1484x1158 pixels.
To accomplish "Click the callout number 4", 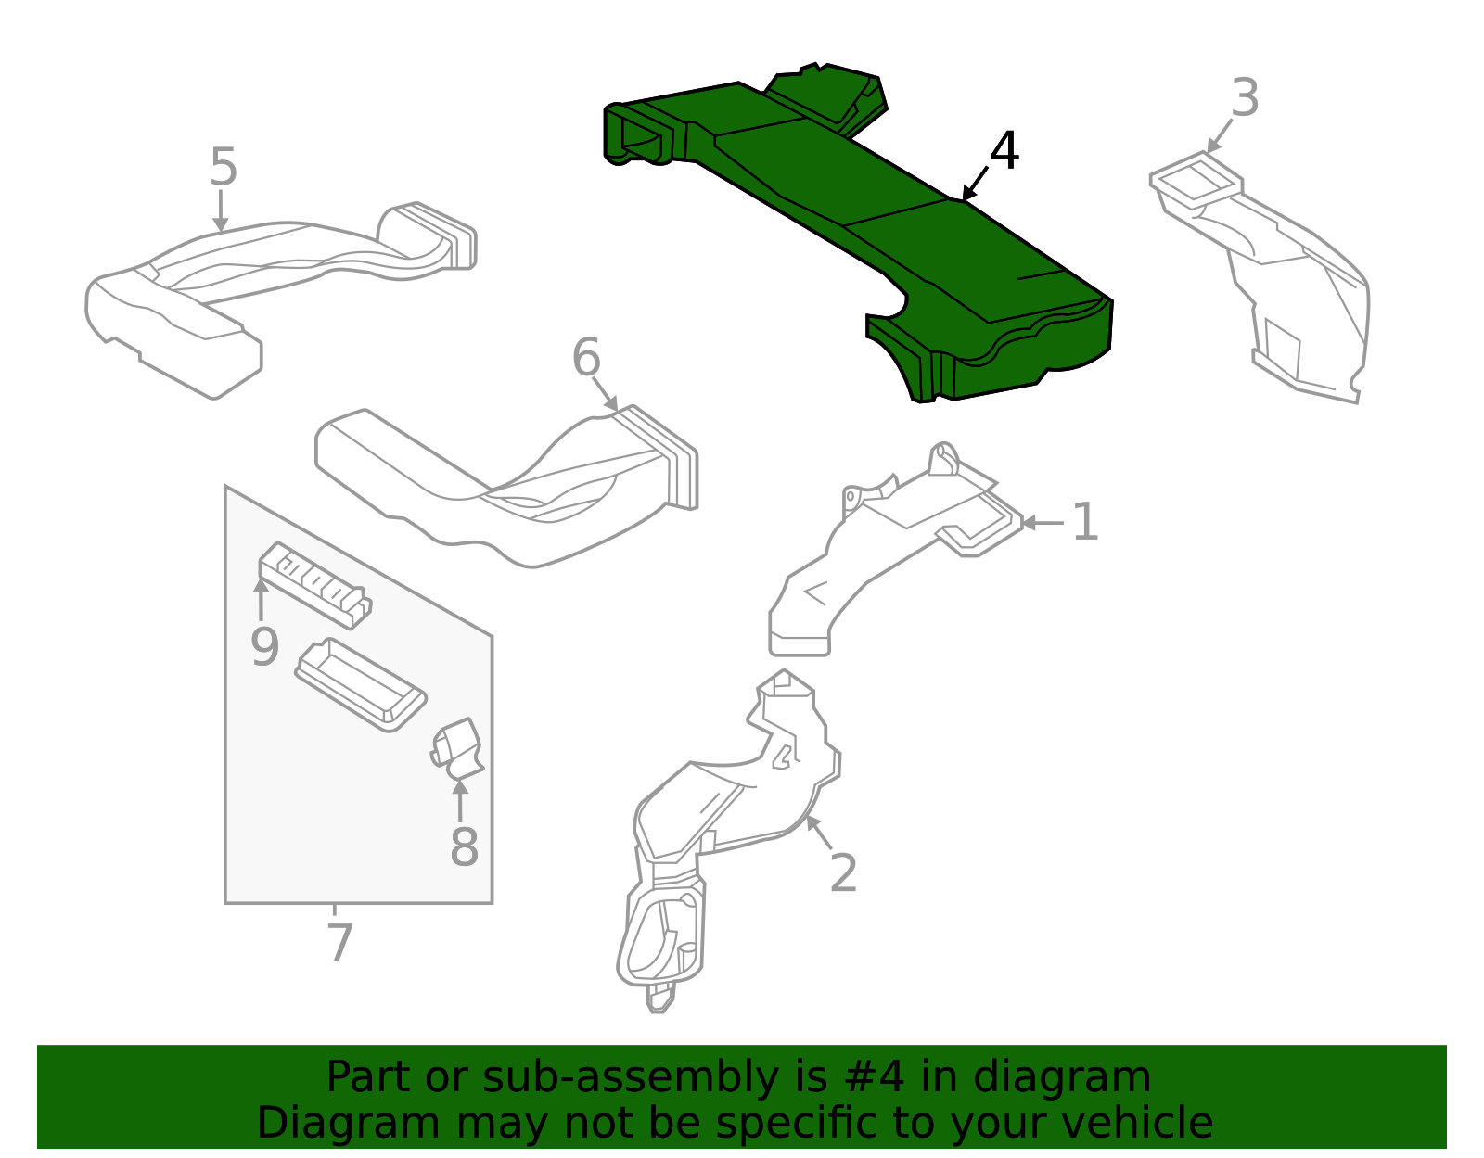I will (x=1004, y=151).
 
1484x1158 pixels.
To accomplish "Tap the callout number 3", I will (x=1245, y=98).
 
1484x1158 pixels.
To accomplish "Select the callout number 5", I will (x=224, y=168).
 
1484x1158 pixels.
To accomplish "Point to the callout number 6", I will (x=586, y=358).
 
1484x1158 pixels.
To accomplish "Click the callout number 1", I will (x=1084, y=523).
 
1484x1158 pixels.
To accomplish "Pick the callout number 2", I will (x=842, y=873).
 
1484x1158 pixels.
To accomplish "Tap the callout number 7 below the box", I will (x=340, y=943).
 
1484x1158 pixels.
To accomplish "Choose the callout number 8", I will (x=464, y=847).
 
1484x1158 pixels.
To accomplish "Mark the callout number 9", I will (x=264, y=647).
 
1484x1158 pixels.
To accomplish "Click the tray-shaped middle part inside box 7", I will (x=360, y=684).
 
